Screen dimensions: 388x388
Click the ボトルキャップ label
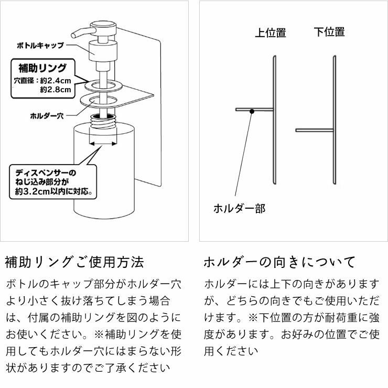(x=39, y=46)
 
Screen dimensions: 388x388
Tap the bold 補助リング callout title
(x=42, y=68)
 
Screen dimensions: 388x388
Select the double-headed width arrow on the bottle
(x=103, y=142)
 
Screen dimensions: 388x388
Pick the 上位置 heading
(x=271, y=33)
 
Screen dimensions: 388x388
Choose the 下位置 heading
(x=329, y=32)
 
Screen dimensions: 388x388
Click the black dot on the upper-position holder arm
(x=252, y=110)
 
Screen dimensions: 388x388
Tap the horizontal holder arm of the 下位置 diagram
(x=314, y=130)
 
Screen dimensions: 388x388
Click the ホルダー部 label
(x=239, y=209)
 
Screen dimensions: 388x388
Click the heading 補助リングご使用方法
(x=74, y=262)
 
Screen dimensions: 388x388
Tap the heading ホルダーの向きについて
(x=279, y=262)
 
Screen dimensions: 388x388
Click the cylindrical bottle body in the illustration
(x=103, y=178)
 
